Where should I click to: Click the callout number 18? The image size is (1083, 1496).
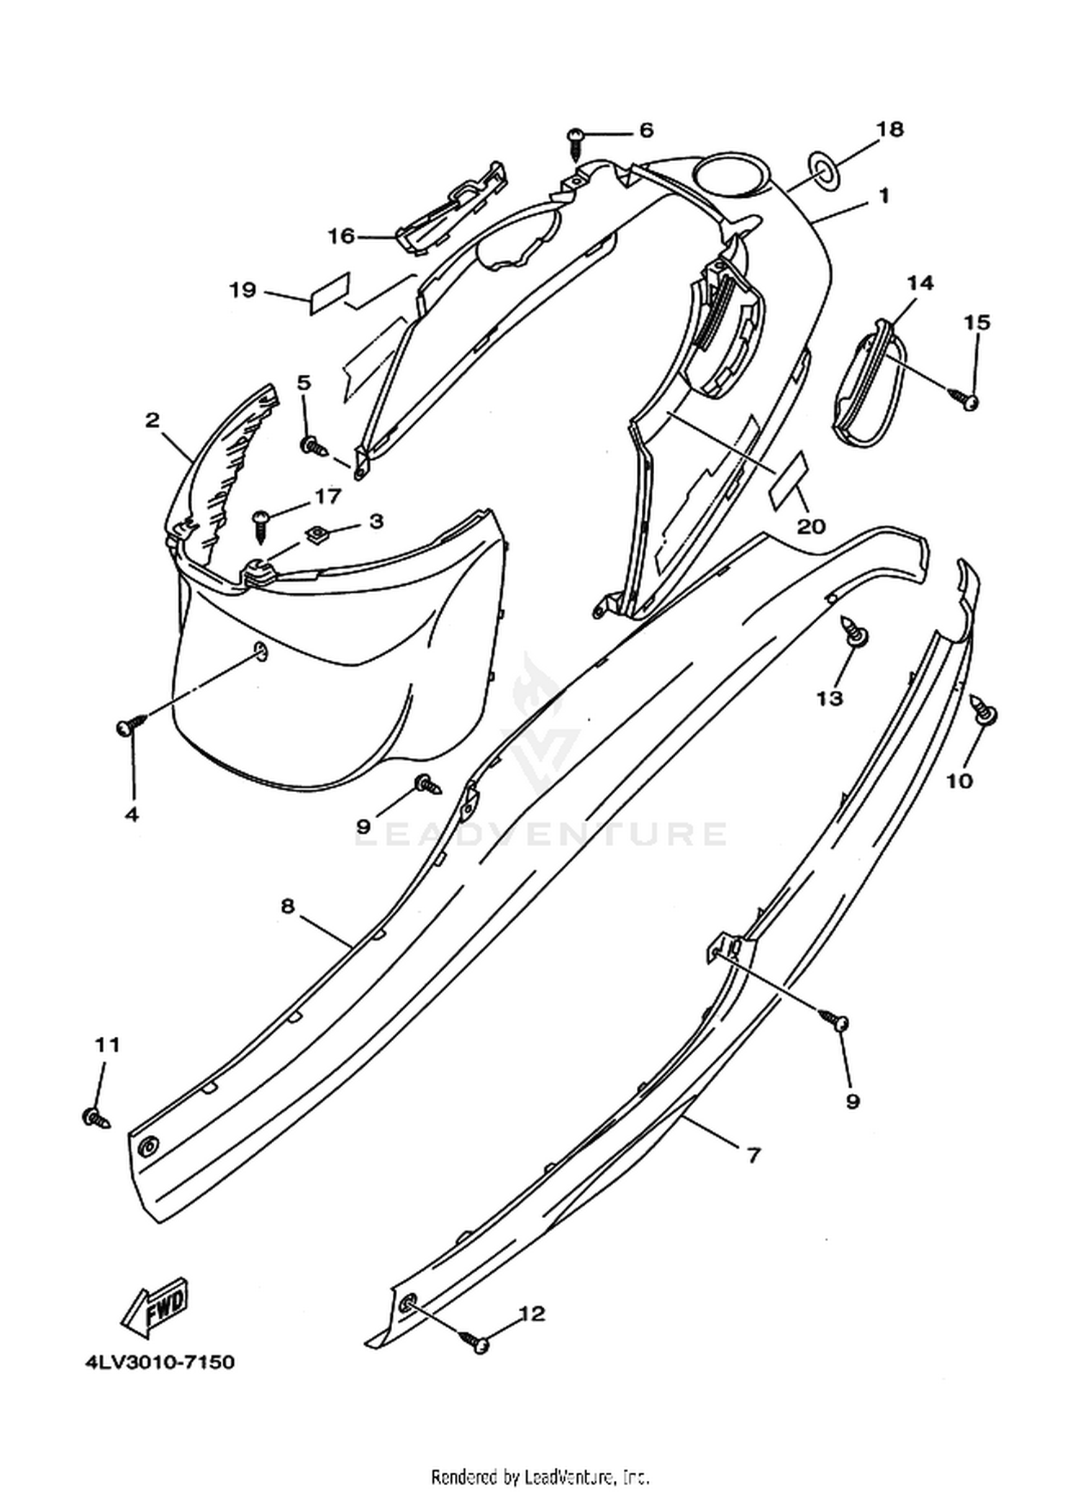890,129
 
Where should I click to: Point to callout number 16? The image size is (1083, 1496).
342,236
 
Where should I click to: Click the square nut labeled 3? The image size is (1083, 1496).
316,535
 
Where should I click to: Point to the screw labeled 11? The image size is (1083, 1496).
96,1118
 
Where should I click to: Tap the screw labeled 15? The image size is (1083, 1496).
964,397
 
